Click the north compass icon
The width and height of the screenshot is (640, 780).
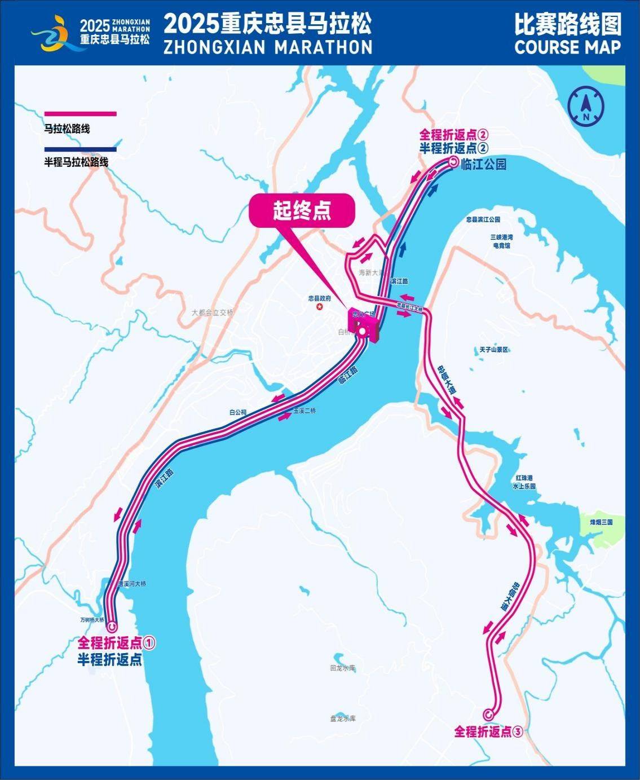586,105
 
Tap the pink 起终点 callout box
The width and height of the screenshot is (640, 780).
302,211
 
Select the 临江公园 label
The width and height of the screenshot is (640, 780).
483,164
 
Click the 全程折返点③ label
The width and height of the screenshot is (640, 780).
489,731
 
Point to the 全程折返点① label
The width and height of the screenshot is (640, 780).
116,642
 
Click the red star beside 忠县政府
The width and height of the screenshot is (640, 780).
320,307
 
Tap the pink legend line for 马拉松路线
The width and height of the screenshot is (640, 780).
80,114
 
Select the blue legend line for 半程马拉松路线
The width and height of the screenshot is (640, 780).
80,149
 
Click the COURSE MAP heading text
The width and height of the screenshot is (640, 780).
567,47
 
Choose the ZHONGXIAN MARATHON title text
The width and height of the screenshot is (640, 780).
268,47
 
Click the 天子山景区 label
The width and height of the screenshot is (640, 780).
494,350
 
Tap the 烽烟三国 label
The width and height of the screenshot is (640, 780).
601,522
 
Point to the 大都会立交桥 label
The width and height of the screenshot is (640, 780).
212,312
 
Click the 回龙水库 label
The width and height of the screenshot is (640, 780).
343,668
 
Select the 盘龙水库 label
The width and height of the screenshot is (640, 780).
343,719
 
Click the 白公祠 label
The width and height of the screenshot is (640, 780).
238,412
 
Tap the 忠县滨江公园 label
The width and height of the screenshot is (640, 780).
483,219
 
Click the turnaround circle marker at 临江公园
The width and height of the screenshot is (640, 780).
454,163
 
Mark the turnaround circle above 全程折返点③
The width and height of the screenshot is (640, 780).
488,714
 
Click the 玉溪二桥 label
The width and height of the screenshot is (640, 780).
304,411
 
